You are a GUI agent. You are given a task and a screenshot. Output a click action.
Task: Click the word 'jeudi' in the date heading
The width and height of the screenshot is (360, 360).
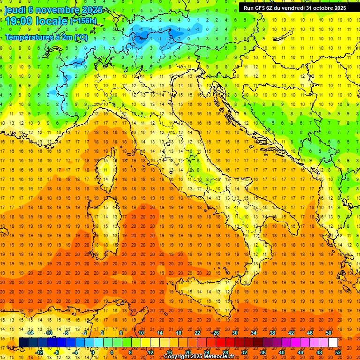pos(15,10)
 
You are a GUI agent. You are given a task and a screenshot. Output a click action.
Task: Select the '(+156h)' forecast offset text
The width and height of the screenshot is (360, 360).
pos(83,21)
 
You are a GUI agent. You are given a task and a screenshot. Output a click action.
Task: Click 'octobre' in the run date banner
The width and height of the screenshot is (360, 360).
pos(317,7)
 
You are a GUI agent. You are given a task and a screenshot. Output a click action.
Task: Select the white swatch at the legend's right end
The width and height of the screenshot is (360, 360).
pos(333,343)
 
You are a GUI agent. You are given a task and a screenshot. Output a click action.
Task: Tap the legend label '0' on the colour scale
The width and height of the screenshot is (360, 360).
pos(93,352)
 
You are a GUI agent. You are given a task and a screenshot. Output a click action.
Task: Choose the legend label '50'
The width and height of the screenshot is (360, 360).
pos(329,333)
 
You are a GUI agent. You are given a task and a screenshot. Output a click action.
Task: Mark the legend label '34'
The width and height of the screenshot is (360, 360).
pos(254,333)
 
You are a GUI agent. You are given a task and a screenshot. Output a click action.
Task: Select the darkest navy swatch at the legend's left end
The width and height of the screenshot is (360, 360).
pos(23,343)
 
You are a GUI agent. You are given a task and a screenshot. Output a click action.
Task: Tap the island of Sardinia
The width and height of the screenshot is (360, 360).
pos(107,221)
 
